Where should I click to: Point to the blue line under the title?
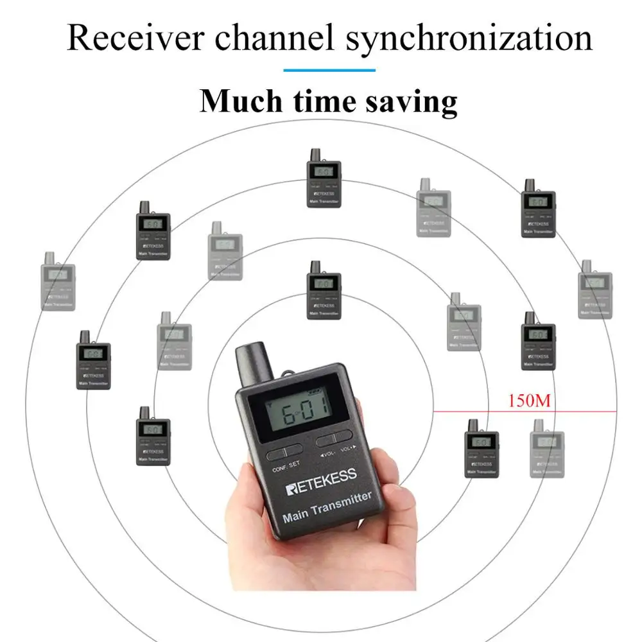click(329, 70)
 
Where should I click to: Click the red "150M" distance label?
click(530, 402)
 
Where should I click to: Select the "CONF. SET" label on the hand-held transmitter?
click(286, 469)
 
